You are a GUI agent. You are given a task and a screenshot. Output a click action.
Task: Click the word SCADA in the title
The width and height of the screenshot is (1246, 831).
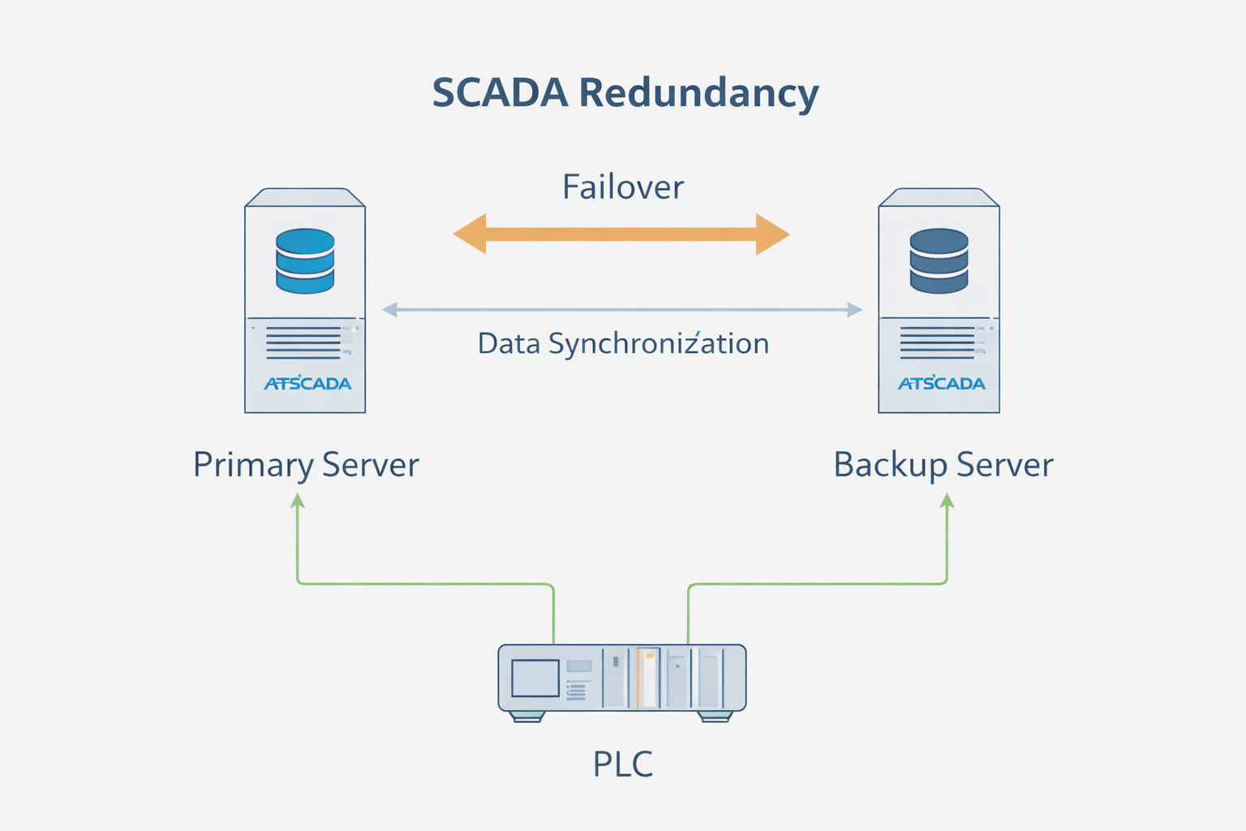(x=500, y=93)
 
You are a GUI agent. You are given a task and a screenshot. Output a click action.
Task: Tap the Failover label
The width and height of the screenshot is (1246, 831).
(x=623, y=187)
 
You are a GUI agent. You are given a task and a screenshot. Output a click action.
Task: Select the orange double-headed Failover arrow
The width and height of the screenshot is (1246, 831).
(x=621, y=235)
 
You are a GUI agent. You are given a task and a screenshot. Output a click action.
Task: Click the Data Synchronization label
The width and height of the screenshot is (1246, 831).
(x=623, y=343)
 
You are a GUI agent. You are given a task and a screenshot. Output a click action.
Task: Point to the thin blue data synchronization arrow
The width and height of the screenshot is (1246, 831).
(x=621, y=309)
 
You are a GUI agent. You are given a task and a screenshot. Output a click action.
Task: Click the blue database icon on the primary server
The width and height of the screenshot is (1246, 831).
(x=305, y=260)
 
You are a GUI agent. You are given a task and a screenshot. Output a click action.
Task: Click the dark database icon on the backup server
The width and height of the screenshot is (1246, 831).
(x=939, y=260)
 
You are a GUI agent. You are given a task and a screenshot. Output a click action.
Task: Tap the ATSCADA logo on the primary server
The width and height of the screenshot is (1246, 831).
(x=307, y=383)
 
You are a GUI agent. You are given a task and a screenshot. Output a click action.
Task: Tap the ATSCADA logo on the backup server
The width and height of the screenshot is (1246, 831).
(x=941, y=383)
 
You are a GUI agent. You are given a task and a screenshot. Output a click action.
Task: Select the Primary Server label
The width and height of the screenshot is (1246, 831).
(x=306, y=465)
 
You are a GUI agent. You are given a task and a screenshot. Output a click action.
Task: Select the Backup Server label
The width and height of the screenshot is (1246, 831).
(x=943, y=465)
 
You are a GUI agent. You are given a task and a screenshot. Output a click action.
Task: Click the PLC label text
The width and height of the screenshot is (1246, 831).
(x=623, y=764)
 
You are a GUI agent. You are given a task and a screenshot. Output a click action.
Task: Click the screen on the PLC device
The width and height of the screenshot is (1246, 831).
(x=535, y=678)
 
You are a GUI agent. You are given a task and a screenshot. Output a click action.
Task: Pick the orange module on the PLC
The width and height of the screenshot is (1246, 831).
(x=648, y=678)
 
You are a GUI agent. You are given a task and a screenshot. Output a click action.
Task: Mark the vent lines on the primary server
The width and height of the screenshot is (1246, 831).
(x=303, y=342)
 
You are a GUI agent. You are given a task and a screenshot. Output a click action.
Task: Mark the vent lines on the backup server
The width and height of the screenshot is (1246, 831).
(x=937, y=342)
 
